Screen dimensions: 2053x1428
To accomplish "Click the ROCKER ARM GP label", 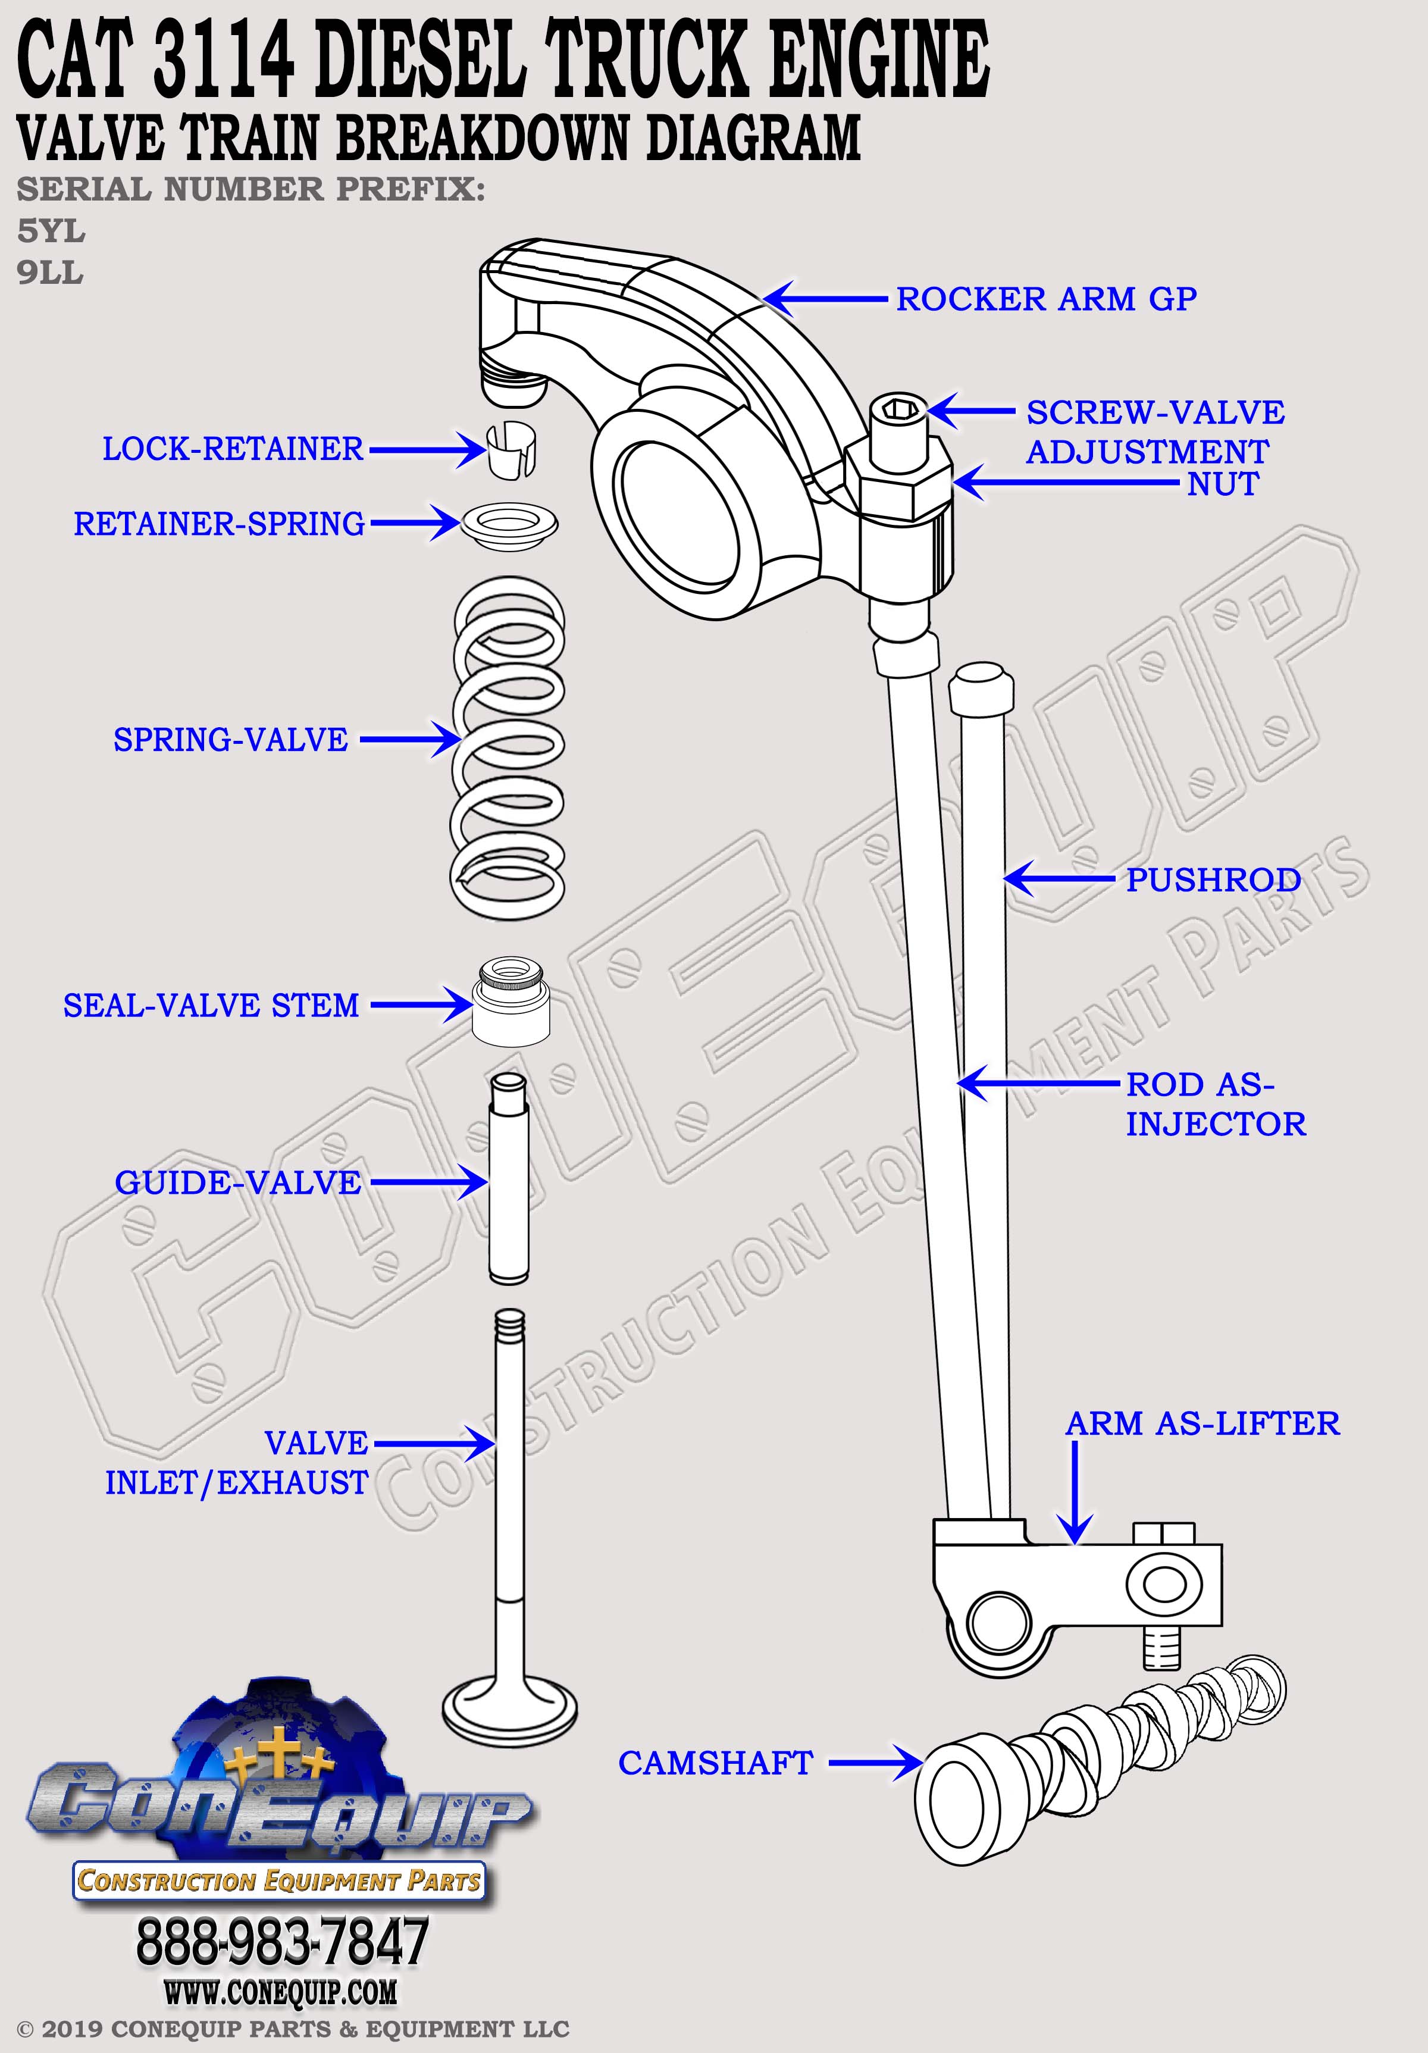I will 1045,299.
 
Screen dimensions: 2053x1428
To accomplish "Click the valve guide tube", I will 508,1180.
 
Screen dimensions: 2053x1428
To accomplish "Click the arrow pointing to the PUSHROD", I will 1060,879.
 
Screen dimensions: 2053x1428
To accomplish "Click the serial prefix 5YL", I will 51,231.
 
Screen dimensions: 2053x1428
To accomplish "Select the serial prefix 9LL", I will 50,272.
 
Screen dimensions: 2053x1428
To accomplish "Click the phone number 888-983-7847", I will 281,1941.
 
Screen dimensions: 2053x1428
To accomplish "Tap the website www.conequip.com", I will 280,1992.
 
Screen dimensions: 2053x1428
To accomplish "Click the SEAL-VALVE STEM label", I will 211,1005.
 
